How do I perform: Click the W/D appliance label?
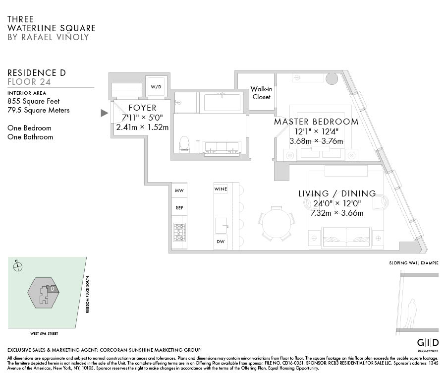156,87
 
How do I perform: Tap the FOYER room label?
142,108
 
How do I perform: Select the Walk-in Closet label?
261,93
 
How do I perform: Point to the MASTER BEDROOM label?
316,122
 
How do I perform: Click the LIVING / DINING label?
337,193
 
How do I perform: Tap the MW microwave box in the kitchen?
179,190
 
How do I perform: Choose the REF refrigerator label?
179,208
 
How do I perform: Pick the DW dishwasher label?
221,242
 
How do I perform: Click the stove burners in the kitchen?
179,232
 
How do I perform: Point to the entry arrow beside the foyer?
104,113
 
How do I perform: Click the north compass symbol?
18,266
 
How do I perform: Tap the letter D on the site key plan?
53,288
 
